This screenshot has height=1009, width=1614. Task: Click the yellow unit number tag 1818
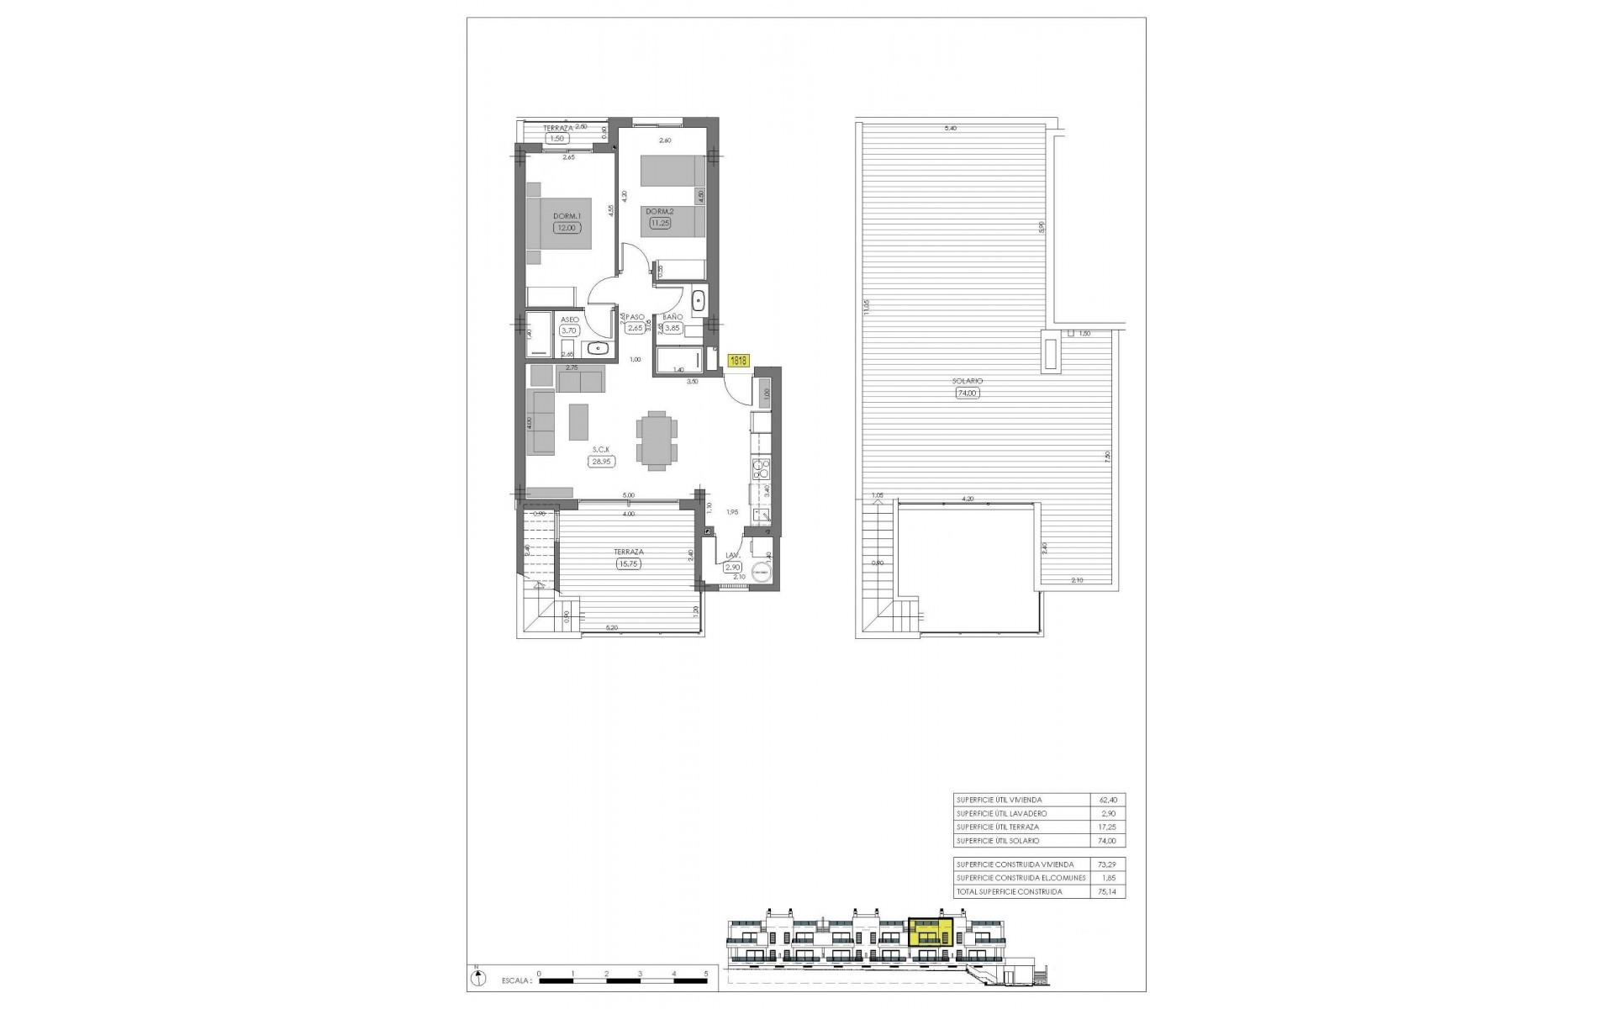click(x=739, y=361)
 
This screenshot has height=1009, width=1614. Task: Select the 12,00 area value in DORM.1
click(x=566, y=227)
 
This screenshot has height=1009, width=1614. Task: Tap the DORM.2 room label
click(x=660, y=211)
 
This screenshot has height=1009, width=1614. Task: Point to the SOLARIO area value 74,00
click(x=968, y=393)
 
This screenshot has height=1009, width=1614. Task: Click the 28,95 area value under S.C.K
click(x=601, y=461)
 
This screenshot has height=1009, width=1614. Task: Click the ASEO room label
click(x=569, y=320)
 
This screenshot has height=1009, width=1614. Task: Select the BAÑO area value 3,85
click(x=672, y=329)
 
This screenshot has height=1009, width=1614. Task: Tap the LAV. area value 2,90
click(x=732, y=568)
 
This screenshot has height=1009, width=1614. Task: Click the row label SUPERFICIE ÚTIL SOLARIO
click(x=998, y=840)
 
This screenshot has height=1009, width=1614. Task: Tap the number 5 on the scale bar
click(x=707, y=972)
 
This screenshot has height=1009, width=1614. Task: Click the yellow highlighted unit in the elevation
click(x=931, y=933)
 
